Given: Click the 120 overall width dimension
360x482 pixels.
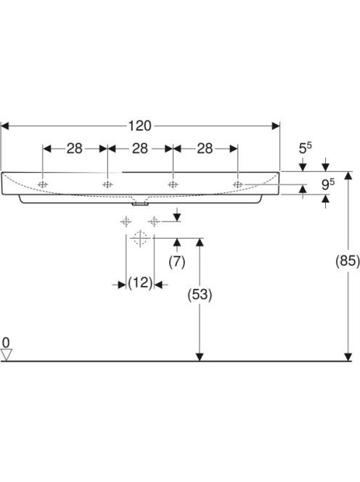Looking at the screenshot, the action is [139, 126].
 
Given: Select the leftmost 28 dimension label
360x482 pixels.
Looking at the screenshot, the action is [75, 149].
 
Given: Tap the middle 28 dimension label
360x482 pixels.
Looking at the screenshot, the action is [140, 149].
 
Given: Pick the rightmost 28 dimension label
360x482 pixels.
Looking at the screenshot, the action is [205, 149].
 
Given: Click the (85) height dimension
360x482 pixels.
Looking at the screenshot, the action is [348, 261].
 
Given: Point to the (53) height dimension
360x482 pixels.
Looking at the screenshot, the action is [200, 295].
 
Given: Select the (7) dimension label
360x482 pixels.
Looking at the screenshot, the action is [177, 262].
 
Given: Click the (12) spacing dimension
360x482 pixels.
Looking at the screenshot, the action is [140, 282].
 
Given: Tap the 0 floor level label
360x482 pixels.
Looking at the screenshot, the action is [6, 343].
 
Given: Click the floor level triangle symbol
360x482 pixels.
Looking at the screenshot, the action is [7, 354].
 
